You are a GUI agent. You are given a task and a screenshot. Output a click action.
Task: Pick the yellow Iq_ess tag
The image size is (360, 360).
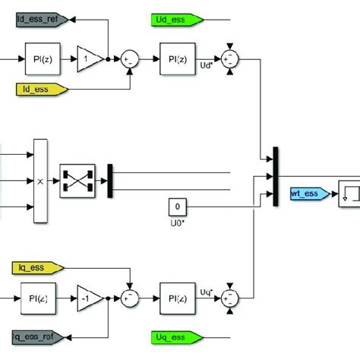pos(40,267)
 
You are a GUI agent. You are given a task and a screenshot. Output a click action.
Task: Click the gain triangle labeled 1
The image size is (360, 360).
pos(90,56)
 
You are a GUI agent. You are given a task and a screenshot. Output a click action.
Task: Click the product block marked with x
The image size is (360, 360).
pos(39,181)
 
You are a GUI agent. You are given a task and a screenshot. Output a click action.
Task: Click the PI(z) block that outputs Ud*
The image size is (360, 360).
pos(174,56)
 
